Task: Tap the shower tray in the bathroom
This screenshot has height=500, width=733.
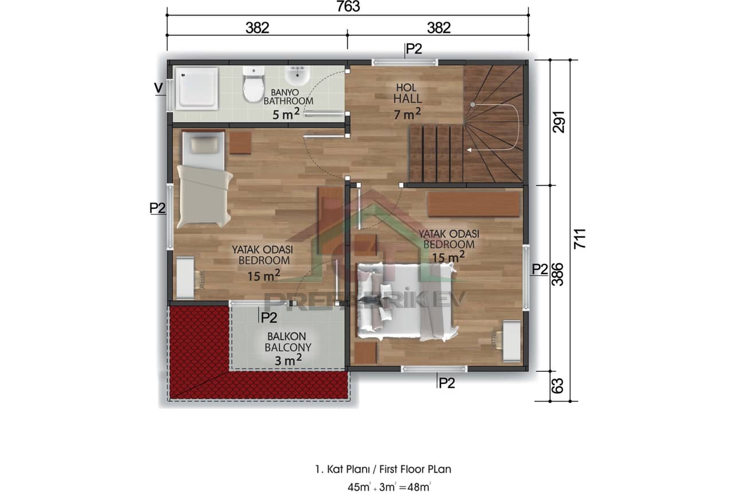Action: [x=196, y=88]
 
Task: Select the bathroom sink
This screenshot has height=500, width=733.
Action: [x=297, y=76]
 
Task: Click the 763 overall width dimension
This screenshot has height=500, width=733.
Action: [x=348, y=7]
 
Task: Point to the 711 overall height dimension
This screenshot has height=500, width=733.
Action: [x=579, y=239]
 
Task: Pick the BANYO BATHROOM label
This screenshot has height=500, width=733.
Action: [x=288, y=97]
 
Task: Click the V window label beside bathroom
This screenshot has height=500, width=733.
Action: [x=157, y=88]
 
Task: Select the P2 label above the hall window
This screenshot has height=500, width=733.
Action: [x=413, y=50]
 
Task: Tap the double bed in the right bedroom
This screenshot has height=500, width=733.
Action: [x=407, y=300]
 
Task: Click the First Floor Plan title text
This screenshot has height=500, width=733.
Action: [x=383, y=469]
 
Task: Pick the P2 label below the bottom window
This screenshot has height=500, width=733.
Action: [x=446, y=383]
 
